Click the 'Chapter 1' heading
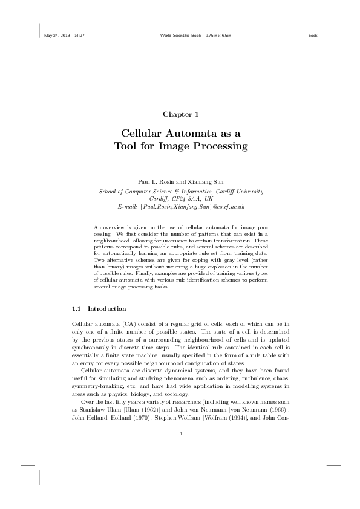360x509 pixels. (x=180, y=114)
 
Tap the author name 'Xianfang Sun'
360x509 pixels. (x=204, y=182)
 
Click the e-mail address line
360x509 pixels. (x=180, y=206)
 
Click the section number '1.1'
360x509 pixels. (x=76, y=308)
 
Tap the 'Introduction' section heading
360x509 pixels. (x=107, y=308)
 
